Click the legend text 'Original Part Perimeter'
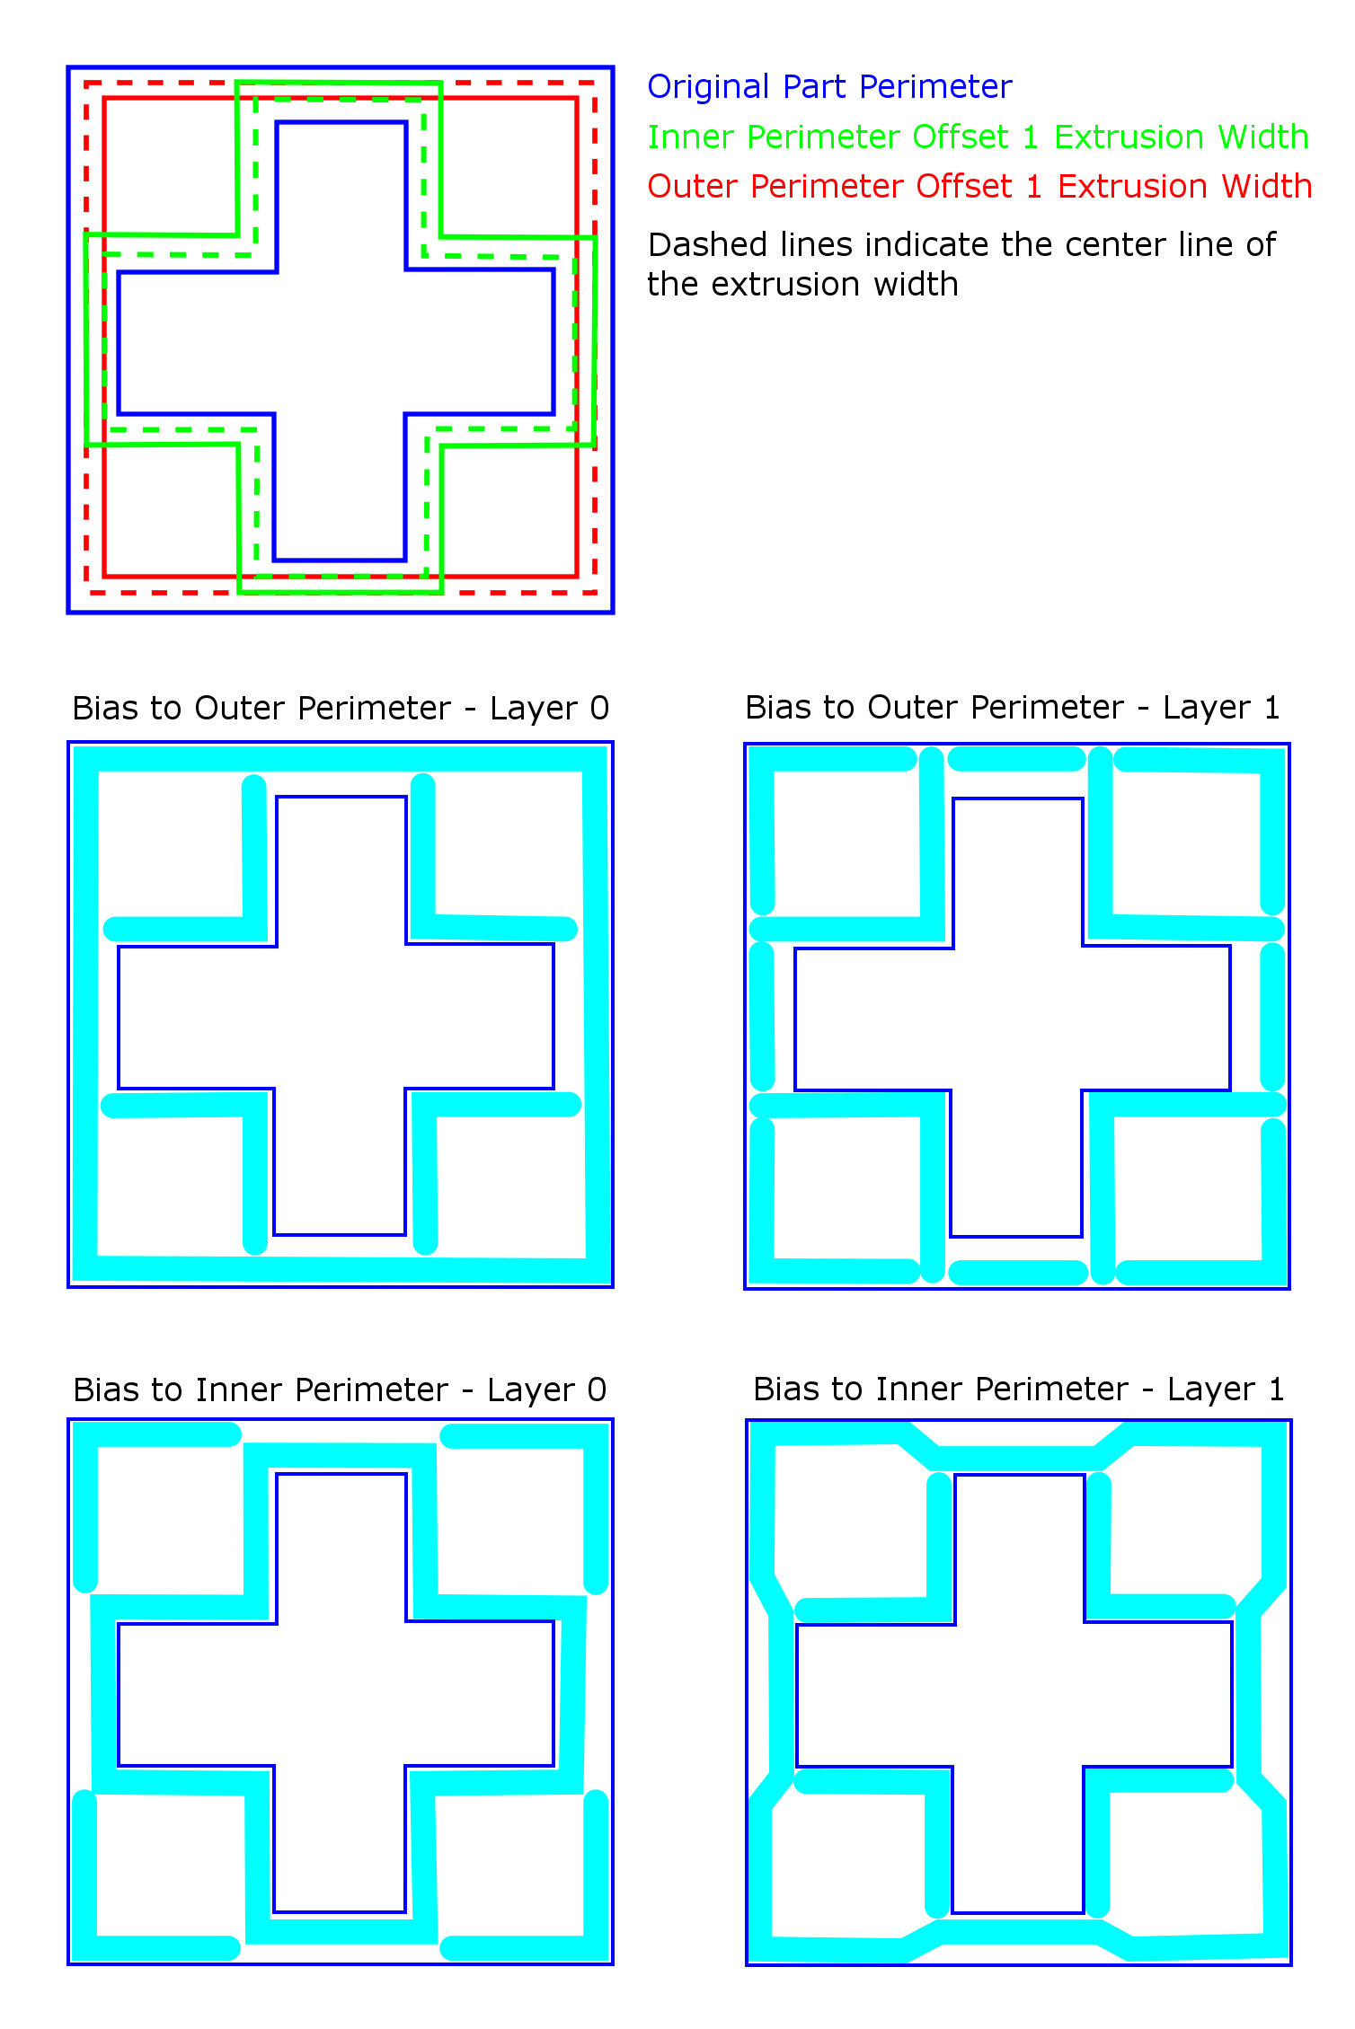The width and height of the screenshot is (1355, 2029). pyautogui.click(x=829, y=87)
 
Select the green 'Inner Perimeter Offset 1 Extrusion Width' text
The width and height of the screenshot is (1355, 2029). pyautogui.click(x=978, y=137)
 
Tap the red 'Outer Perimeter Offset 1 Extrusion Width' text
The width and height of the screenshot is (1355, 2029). pyautogui.click(x=979, y=186)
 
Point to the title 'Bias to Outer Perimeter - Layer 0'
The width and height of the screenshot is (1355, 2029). pyautogui.click(x=341, y=708)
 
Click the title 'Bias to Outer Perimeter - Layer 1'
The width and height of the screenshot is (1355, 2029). pyautogui.click(x=1013, y=707)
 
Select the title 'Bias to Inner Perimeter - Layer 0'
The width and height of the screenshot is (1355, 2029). pyautogui.click(x=340, y=1389)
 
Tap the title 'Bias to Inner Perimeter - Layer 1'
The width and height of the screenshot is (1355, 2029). pyautogui.click(x=1019, y=1389)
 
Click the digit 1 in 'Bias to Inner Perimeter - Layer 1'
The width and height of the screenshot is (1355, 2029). pyautogui.click(x=1276, y=1389)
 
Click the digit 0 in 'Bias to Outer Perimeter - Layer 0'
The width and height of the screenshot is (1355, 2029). pyautogui.click(x=599, y=708)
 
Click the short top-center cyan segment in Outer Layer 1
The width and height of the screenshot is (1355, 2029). pyautogui.click(x=1017, y=759)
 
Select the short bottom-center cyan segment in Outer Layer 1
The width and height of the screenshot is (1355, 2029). pyautogui.click(x=1019, y=1273)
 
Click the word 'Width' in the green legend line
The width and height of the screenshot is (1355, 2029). pyautogui.click(x=1263, y=137)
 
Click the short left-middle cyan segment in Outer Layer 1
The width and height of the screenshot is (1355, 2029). pyautogui.click(x=762, y=1017)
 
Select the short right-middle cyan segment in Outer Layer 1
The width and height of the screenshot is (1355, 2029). pyautogui.click(x=1272, y=1017)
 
